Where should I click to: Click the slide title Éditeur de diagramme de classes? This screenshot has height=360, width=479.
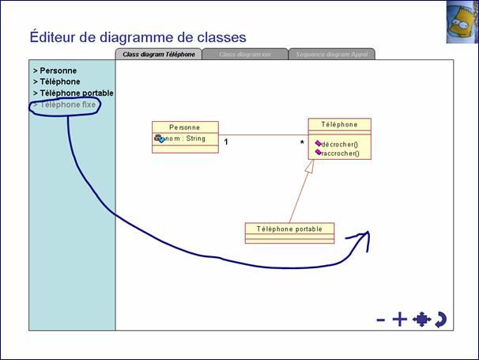point(138,36)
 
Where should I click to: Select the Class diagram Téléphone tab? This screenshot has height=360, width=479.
point(159,55)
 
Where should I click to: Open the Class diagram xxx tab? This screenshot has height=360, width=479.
point(245,55)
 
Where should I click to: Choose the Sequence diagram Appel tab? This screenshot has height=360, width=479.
point(331,55)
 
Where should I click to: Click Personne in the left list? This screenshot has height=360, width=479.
point(58,70)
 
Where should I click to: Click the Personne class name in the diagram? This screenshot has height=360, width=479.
point(185,127)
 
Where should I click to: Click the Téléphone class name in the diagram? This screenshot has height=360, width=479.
point(340,124)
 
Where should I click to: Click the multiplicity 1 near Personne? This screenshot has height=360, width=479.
point(226,142)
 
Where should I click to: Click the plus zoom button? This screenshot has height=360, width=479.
point(399,319)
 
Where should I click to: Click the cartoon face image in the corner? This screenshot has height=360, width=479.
point(462,21)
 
